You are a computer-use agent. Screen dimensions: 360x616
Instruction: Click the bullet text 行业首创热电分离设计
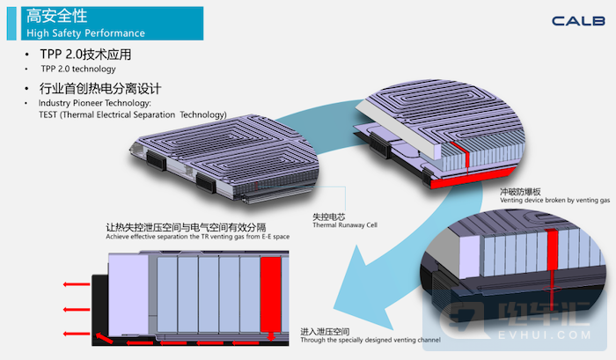[x=101, y=89]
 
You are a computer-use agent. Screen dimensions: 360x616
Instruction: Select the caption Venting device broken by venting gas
[x=554, y=201]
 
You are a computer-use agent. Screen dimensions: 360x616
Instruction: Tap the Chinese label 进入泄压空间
[x=326, y=331]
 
